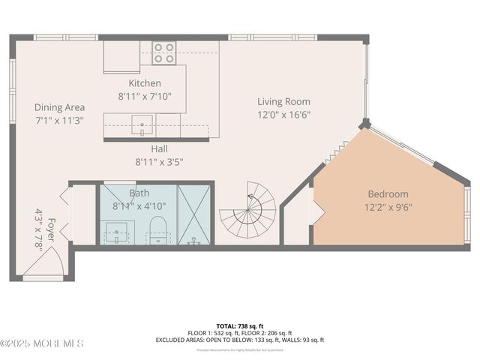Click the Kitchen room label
pos(145,83)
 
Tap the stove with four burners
pos(163,52)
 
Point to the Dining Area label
pos(59,107)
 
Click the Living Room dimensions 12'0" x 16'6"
pos(283,115)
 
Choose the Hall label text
pos(159,148)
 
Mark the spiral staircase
pos(249,211)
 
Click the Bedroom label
pos(388,193)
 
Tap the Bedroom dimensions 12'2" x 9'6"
pos(388,207)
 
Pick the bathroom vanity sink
pos(117,232)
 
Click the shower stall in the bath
pos(195,214)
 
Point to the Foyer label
pos(52,226)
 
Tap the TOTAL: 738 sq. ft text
pos(239,325)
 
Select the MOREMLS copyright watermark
pos(42,343)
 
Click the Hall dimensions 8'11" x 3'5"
pos(159,161)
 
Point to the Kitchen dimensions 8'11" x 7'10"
pos(145,96)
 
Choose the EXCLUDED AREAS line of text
pos(239,340)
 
